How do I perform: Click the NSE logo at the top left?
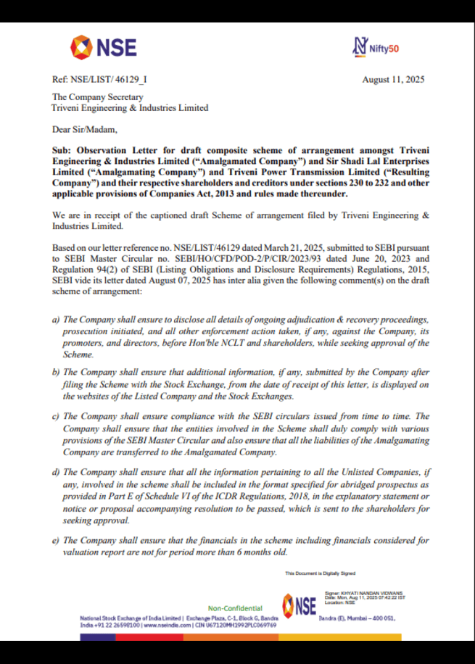(103, 48)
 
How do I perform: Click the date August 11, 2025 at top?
(393, 80)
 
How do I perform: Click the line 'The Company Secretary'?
(97, 97)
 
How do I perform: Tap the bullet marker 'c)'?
(56, 416)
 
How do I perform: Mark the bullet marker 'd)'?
(56, 473)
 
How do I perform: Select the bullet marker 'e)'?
(56, 540)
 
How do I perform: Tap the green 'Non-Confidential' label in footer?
(236, 607)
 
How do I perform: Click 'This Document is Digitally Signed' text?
(319, 573)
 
